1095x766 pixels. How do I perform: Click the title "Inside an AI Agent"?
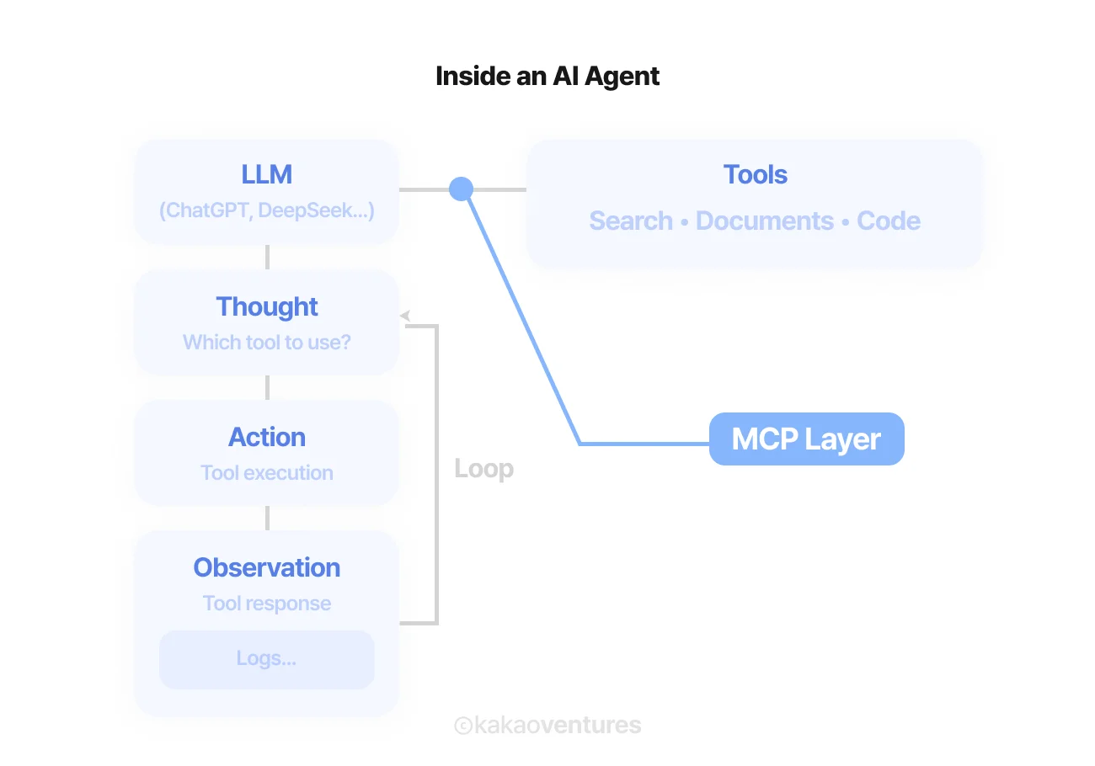click(547, 77)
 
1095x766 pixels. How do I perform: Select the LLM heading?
click(266, 174)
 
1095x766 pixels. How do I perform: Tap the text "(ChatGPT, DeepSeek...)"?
click(266, 210)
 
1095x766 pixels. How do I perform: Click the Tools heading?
click(755, 174)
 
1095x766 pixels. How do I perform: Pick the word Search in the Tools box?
click(631, 221)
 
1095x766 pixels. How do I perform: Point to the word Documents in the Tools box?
click(764, 221)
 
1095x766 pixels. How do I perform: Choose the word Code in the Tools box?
click(888, 221)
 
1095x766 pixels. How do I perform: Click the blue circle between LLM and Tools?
click(461, 189)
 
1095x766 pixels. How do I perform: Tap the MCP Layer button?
click(806, 439)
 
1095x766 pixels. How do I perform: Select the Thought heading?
click(266, 306)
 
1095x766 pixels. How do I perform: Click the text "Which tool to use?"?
click(266, 343)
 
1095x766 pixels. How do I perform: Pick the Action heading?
click(266, 437)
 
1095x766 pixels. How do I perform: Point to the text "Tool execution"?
click(266, 473)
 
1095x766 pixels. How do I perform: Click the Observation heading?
click(266, 567)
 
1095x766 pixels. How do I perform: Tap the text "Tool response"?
click(266, 604)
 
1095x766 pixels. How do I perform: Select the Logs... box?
click(266, 659)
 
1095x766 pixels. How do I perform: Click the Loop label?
click(483, 469)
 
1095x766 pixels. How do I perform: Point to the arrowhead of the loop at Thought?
click(405, 316)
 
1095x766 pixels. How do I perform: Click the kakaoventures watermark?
click(547, 725)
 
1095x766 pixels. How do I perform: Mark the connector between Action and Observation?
click(267, 518)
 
